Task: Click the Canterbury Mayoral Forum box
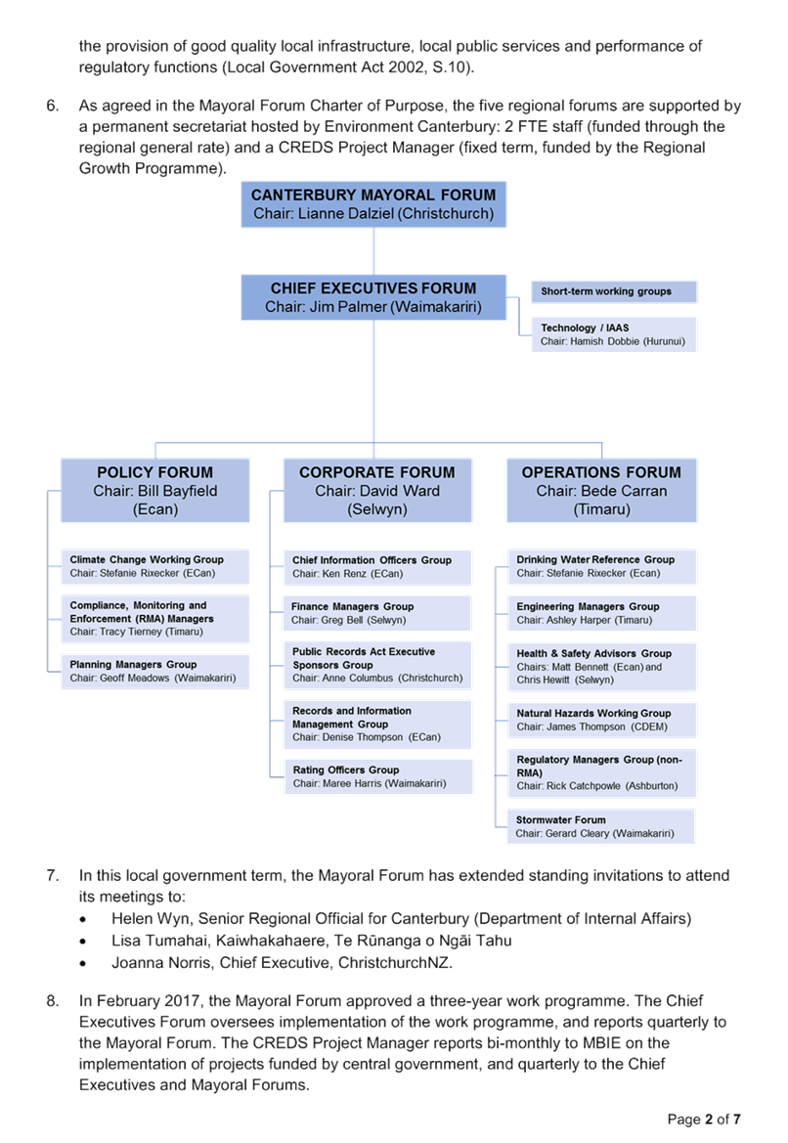[x=373, y=204]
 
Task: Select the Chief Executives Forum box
[x=373, y=297]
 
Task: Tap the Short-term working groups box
[x=614, y=291]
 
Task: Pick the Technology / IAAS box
[x=614, y=334]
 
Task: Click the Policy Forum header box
[x=155, y=490]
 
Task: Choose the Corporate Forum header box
[x=377, y=490]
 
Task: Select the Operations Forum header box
[x=601, y=490]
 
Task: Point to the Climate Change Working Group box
[x=155, y=566]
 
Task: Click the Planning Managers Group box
[x=155, y=672]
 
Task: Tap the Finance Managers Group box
[x=377, y=613]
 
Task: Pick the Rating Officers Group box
[x=378, y=776]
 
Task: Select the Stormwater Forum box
[x=601, y=826]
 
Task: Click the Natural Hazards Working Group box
[x=601, y=721]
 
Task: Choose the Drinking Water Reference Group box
[x=601, y=566]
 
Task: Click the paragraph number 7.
[x=53, y=875]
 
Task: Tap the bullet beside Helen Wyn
[x=83, y=920]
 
